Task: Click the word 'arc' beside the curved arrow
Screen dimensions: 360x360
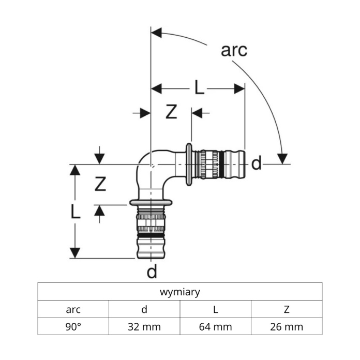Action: click(234, 50)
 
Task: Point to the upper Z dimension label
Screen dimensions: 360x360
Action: click(171, 112)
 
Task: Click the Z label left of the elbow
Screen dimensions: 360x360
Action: click(100, 183)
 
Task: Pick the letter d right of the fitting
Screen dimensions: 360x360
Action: click(257, 164)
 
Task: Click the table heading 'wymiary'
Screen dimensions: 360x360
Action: click(180, 292)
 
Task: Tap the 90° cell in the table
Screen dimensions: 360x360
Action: click(73, 326)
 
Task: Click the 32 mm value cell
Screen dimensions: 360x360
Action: click(144, 326)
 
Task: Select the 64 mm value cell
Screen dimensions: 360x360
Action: click(216, 326)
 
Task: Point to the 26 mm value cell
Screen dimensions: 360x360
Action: click(287, 326)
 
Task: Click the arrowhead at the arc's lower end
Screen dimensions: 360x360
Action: click(283, 158)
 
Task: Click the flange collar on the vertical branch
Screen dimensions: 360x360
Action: click(151, 202)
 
